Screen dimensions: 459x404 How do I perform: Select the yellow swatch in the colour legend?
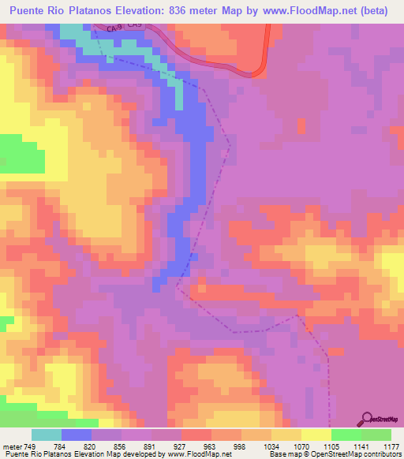(x=316, y=435)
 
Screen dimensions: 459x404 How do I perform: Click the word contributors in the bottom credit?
(x=382, y=454)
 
